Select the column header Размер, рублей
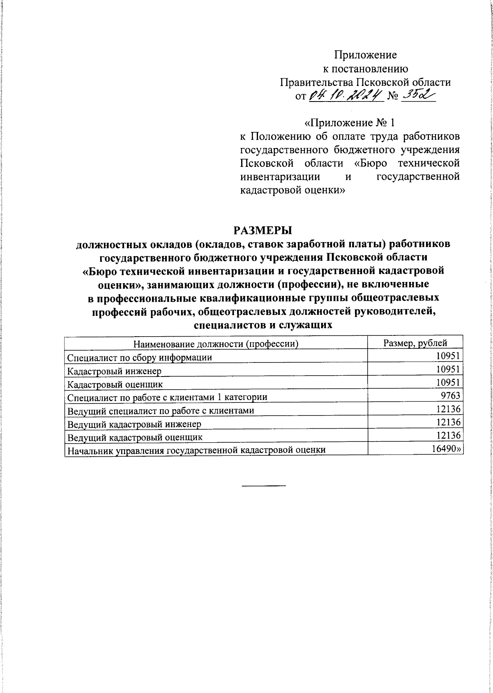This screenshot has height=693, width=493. coord(415,343)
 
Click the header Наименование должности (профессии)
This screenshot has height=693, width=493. coord(216,344)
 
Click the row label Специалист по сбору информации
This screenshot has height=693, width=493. coord(140,358)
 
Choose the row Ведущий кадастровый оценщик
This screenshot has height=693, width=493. coord(136,437)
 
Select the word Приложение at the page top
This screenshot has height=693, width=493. coord(365,55)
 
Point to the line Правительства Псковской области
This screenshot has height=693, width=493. coord(365,82)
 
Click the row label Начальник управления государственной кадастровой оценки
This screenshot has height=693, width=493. coord(197,450)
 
